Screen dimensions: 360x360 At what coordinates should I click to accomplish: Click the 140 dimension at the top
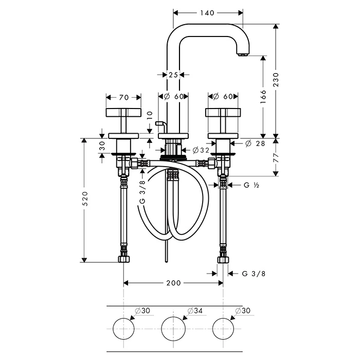pos(207,13)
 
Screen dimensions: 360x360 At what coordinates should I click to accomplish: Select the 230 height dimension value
pos(276,80)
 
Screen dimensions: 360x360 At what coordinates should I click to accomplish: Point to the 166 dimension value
pos(263,97)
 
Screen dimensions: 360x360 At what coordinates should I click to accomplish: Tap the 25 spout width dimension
pos(173,75)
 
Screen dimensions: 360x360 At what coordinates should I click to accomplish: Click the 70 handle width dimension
pos(124,98)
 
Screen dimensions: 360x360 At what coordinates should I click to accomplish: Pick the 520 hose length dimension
pos(85,199)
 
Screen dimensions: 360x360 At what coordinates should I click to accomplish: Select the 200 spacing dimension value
pos(173,283)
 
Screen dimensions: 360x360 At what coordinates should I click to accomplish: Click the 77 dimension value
pos(276,158)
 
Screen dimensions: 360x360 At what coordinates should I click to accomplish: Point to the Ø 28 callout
pos(255,143)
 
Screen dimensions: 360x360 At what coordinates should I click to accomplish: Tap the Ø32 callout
pos(201,150)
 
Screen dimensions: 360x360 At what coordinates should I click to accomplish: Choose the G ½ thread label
pos(251,185)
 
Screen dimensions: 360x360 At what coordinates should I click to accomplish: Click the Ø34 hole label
pos(195,311)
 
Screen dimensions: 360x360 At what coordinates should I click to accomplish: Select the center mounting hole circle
pos(173,329)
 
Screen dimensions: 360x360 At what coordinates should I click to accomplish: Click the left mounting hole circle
pos(124,329)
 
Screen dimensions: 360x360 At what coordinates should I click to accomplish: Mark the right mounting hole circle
pos(223,329)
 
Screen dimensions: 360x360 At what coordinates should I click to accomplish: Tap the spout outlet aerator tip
pos(243,55)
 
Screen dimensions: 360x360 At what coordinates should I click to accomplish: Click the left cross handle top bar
pos(123,112)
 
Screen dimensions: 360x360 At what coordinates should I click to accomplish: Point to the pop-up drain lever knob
pos(158,123)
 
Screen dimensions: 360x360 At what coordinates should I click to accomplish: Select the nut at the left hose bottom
pos(124,259)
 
